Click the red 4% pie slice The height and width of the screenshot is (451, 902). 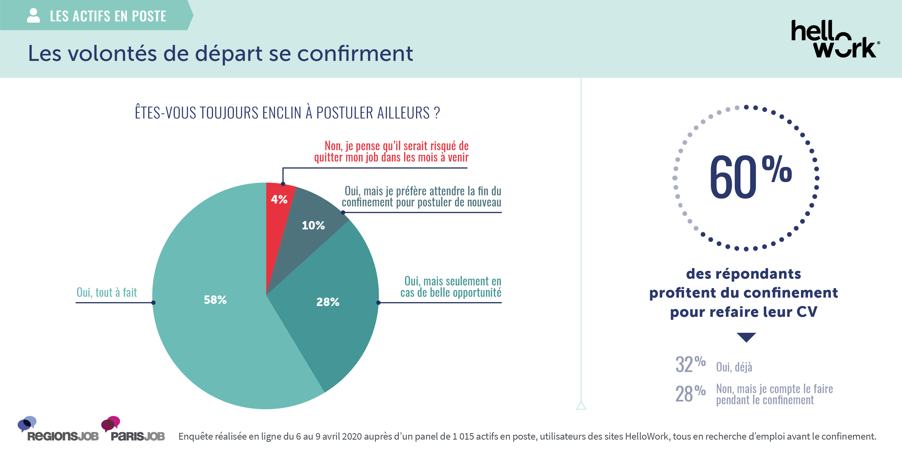[278, 210]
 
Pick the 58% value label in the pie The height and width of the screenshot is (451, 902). [215, 300]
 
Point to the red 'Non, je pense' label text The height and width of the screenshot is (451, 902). [391, 151]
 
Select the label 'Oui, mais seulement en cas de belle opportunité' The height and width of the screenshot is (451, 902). [451, 287]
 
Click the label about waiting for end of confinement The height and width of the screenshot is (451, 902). [422, 196]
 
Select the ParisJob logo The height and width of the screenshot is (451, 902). [135, 430]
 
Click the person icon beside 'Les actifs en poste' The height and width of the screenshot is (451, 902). [33, 16]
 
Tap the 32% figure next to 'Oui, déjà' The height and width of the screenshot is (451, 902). [690, 364]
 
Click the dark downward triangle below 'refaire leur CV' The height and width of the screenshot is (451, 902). [746, 337]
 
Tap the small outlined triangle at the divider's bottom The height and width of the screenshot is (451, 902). [581, 406]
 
